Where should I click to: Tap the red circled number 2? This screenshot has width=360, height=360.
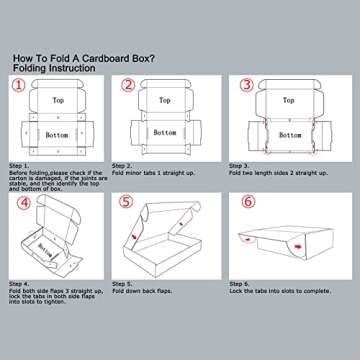127,86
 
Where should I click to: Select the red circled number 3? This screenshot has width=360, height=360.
248,86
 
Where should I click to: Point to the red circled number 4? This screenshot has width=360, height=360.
21,201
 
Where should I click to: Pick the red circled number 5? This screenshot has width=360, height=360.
127,201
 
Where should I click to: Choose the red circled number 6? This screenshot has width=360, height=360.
248,201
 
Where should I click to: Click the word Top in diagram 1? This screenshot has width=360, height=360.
58,101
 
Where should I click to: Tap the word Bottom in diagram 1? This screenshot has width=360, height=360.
56,134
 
